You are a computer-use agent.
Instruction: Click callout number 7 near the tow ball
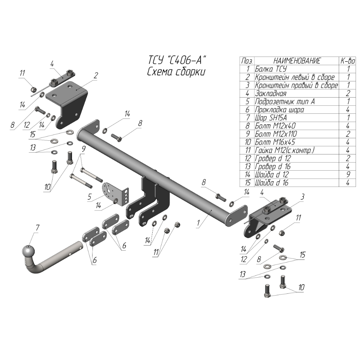[x=37, y=228]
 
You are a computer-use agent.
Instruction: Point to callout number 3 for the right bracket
[x=303, y=197]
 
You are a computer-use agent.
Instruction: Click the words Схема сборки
[x=176, y=71]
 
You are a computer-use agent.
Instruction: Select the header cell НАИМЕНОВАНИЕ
[x=297, y=61]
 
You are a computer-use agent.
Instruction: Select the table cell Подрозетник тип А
[x=284, y=102]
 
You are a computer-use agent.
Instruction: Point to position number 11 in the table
[x=247, y=150]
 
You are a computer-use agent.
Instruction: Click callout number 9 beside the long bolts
[x=83, y=148]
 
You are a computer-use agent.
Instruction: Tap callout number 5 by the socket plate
[x=89, y=197]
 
